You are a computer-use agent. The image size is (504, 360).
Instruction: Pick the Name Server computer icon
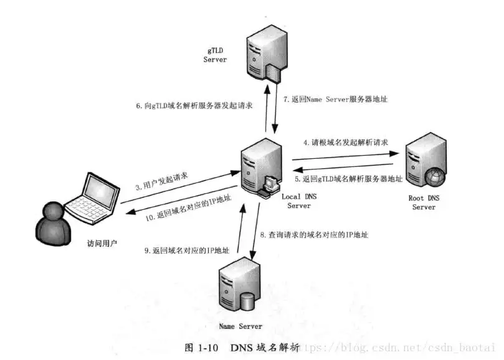click(x=240, y=288)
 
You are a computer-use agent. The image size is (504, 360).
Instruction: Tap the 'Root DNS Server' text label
click(x=424, y=202)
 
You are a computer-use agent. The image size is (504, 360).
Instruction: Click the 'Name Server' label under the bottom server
click(x=240, y=326)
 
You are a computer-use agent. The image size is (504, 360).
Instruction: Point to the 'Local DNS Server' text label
click(x=300, y=201)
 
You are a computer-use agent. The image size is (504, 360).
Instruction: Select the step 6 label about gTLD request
click(x=194, y=106)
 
